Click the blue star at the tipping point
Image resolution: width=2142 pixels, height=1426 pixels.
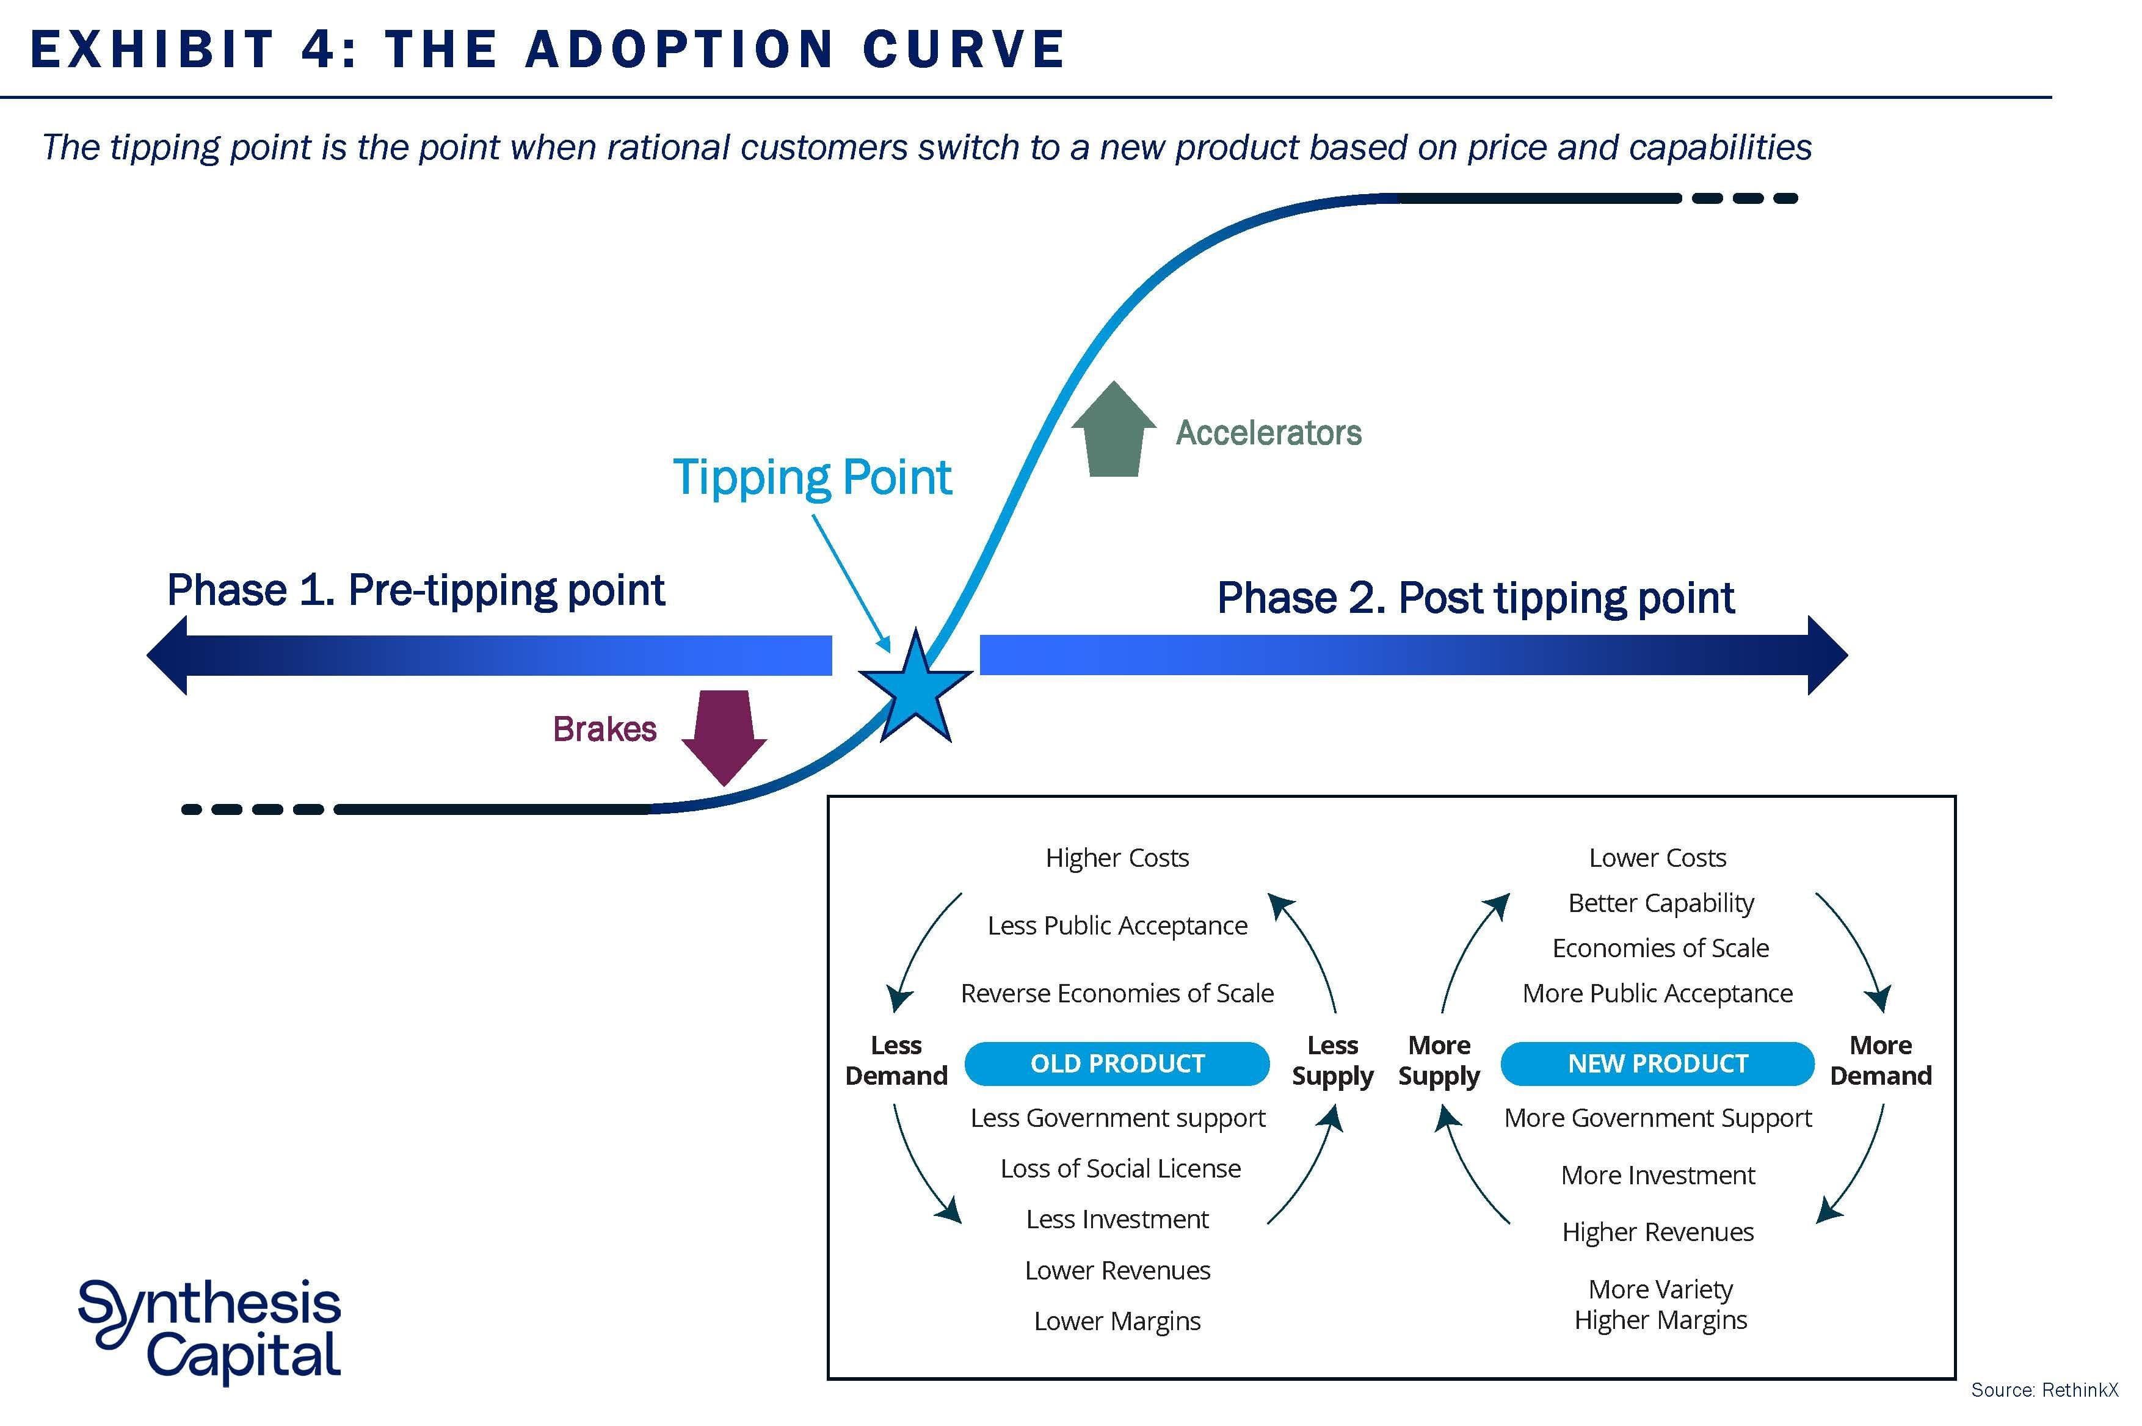tap(915, 687)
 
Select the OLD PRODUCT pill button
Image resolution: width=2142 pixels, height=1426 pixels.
tap(1116, 1063)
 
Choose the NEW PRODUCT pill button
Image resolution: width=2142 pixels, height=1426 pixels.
tap(1657, 1063)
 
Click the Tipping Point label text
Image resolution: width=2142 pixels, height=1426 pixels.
tap(811, 477)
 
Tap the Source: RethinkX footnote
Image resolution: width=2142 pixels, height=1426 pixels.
tap(2044, 1389)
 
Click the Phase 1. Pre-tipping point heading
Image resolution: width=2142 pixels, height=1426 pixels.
tap(416, 590)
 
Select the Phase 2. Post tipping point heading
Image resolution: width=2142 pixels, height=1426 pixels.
tap(1475, 598)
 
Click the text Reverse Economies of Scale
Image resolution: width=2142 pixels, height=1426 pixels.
tap(1117, 993)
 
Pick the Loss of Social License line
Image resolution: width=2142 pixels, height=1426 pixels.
tap(1120, 1168)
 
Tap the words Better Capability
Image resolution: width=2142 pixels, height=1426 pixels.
tap(1661, 903)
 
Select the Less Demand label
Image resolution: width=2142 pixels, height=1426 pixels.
tap(896, 1060)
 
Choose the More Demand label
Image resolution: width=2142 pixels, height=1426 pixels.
tap(1880, 1060)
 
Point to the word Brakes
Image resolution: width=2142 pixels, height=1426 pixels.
tap(604, 729)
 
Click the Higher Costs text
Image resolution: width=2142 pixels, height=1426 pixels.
tap(1117, 858)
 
